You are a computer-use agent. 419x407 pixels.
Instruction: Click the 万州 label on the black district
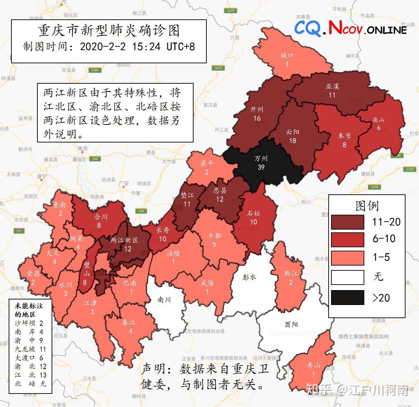[261, 158]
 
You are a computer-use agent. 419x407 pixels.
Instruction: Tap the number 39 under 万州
[261, 167]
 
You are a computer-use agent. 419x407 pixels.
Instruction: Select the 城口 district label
[287, 55]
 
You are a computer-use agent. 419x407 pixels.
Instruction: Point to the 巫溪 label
[332, 86]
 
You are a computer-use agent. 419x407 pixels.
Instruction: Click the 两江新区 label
[124, 240]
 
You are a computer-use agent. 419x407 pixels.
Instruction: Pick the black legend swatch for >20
[347, 297]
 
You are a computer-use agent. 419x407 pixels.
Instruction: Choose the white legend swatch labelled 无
[347, 277]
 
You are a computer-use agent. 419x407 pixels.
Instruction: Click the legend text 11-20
[386, 222]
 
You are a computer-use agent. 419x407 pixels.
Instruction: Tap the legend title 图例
[367, 206]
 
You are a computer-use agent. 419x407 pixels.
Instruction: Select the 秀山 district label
[313, 365]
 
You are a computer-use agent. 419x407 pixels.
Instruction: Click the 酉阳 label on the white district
[291, 324]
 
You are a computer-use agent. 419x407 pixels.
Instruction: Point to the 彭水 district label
[249, 277]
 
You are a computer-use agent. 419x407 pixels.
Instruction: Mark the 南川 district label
[164, 299]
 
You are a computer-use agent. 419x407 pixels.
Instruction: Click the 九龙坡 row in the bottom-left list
[30, 349]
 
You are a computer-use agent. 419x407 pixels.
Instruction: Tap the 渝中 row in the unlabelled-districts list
[29, 340]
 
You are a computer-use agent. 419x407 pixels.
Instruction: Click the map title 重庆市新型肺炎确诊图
[109, 31]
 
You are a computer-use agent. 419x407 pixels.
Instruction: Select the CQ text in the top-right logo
[307, 28]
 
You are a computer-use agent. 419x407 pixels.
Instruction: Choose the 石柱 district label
[253, 213]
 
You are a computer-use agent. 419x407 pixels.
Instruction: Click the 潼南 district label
[59, 205]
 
